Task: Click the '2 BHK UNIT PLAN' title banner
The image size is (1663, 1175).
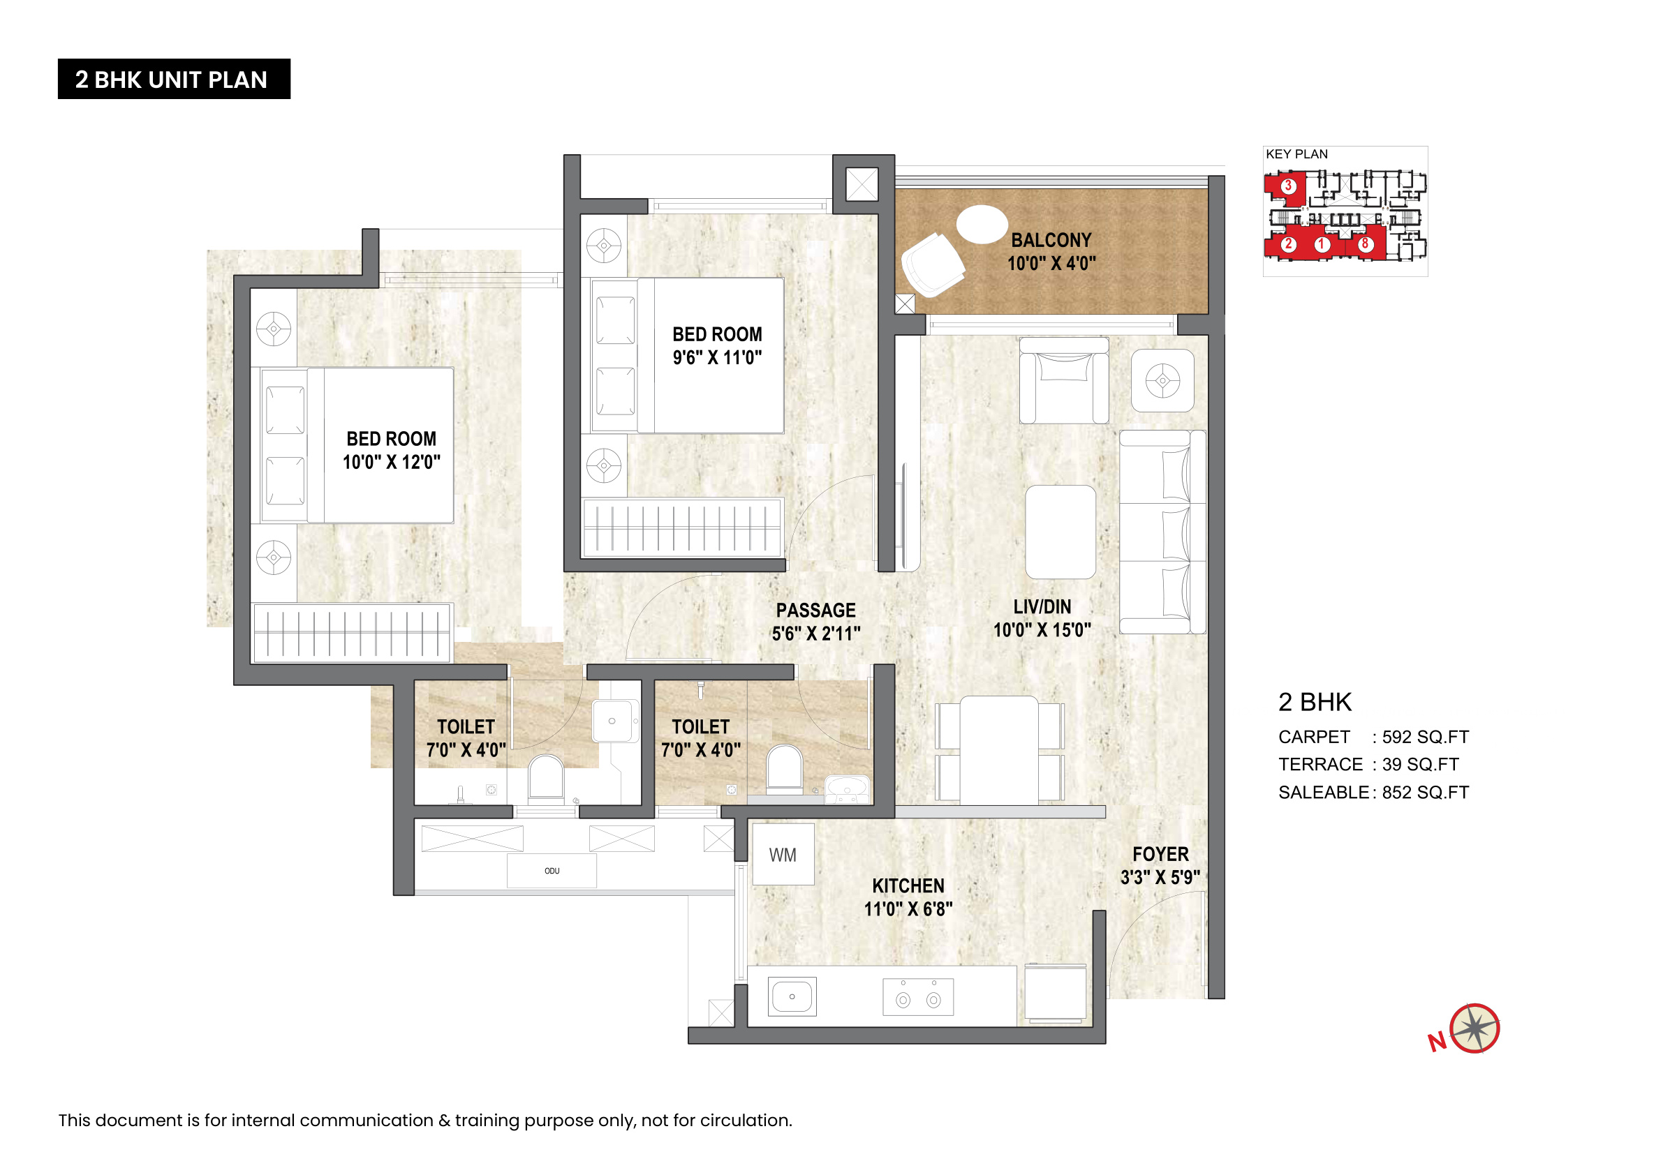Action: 174,79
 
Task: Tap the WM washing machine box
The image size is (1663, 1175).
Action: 783,854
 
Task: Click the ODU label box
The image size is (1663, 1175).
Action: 552,871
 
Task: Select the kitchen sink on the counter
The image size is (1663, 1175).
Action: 792,996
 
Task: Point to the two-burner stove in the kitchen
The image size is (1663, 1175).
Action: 917,997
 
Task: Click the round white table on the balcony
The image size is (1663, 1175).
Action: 982,225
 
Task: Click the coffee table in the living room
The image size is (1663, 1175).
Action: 1060,532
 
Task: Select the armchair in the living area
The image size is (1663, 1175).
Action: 1063,380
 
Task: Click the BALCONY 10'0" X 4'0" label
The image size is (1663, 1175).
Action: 1051,251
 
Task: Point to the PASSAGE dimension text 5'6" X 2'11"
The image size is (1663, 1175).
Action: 816,634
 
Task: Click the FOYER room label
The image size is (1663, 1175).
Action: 1161,854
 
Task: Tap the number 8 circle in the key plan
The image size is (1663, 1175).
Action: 1365,244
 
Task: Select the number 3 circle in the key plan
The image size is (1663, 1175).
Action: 1288,186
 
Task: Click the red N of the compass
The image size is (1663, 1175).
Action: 1437,1042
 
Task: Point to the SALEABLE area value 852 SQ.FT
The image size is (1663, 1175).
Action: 1426,793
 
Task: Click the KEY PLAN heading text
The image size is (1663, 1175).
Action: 1296,154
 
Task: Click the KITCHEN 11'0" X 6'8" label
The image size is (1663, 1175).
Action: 908,897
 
